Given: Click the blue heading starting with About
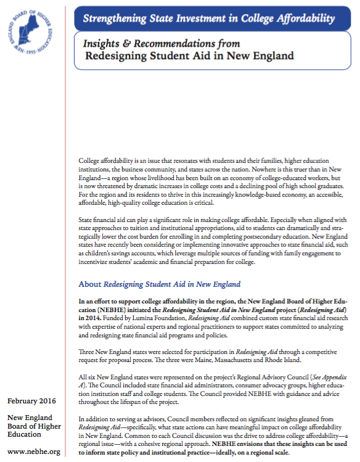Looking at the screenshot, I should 159,284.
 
